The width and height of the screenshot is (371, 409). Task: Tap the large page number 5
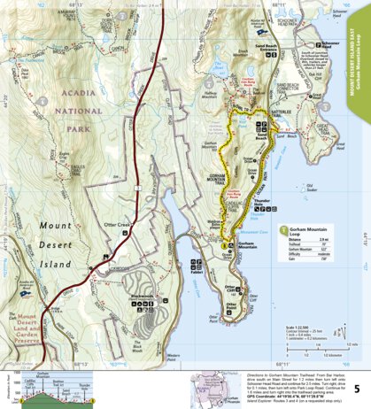356,364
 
